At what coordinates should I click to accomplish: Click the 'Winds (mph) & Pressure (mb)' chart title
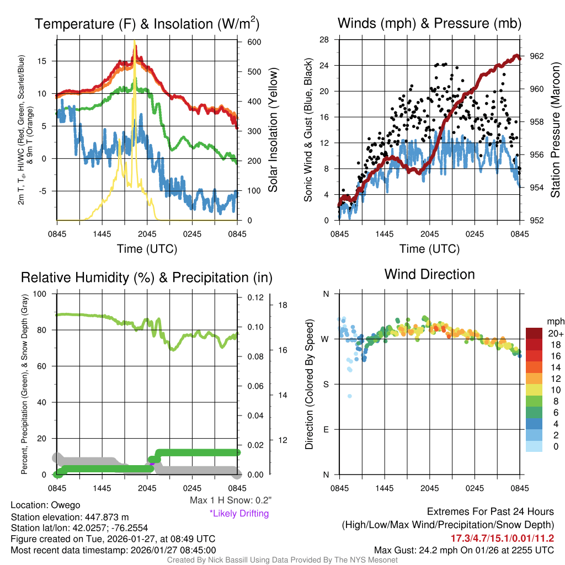pos(429,24)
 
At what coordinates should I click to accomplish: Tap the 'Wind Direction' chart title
pos(429,274)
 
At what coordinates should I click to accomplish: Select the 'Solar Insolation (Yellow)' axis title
pos(273,130)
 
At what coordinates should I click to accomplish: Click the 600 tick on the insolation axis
pos(248,42)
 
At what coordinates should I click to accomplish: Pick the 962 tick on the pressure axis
pos(537,56)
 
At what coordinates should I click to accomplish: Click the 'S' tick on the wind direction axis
pos(326,384)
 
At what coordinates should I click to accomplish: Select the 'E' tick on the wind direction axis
pos(326,429)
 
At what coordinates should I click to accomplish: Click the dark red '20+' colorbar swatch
pos(535,333)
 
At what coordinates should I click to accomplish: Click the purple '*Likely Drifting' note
pos(239,513)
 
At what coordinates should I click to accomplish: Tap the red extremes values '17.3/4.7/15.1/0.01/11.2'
pos(503,538)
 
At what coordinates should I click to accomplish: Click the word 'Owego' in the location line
pos(66,505)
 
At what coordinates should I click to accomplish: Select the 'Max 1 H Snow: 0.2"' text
pos(230,500)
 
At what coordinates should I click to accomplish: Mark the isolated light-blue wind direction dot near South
pos(350,396)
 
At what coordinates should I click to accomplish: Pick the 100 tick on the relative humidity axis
pos(46,294)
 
